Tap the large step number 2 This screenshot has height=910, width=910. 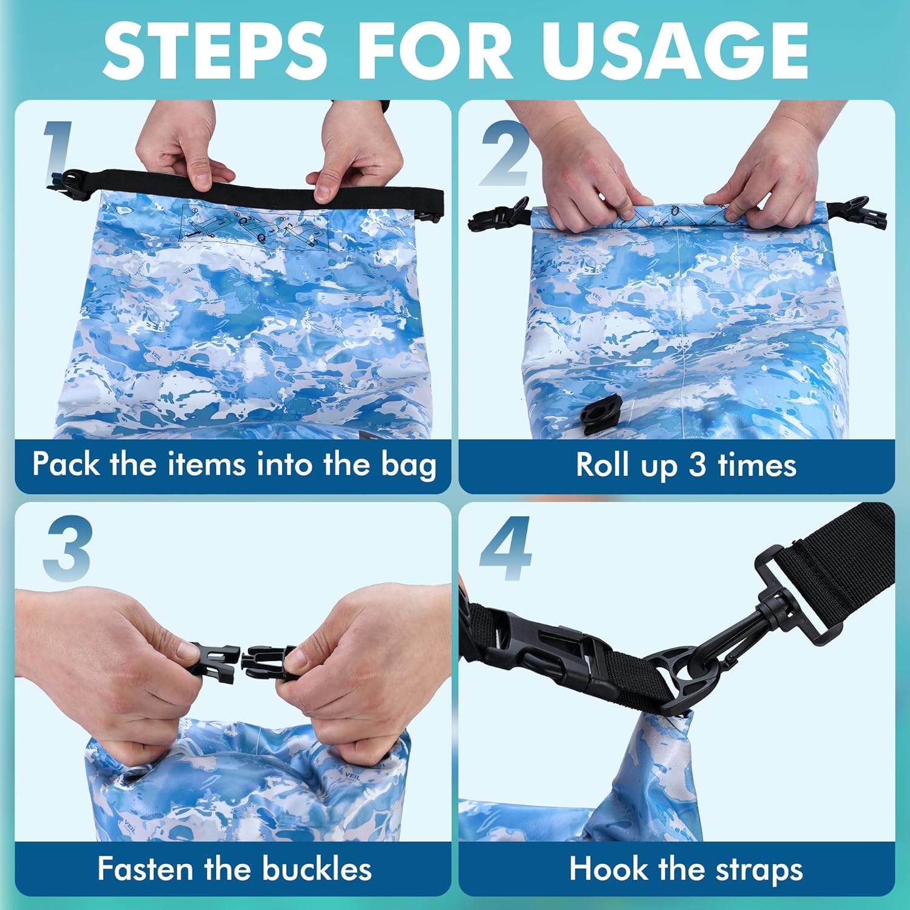tap(505, 155)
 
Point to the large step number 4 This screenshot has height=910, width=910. tap(505, 549)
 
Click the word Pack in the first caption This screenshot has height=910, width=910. tap(66, 465)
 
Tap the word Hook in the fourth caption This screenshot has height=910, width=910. tap(608, 869)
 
